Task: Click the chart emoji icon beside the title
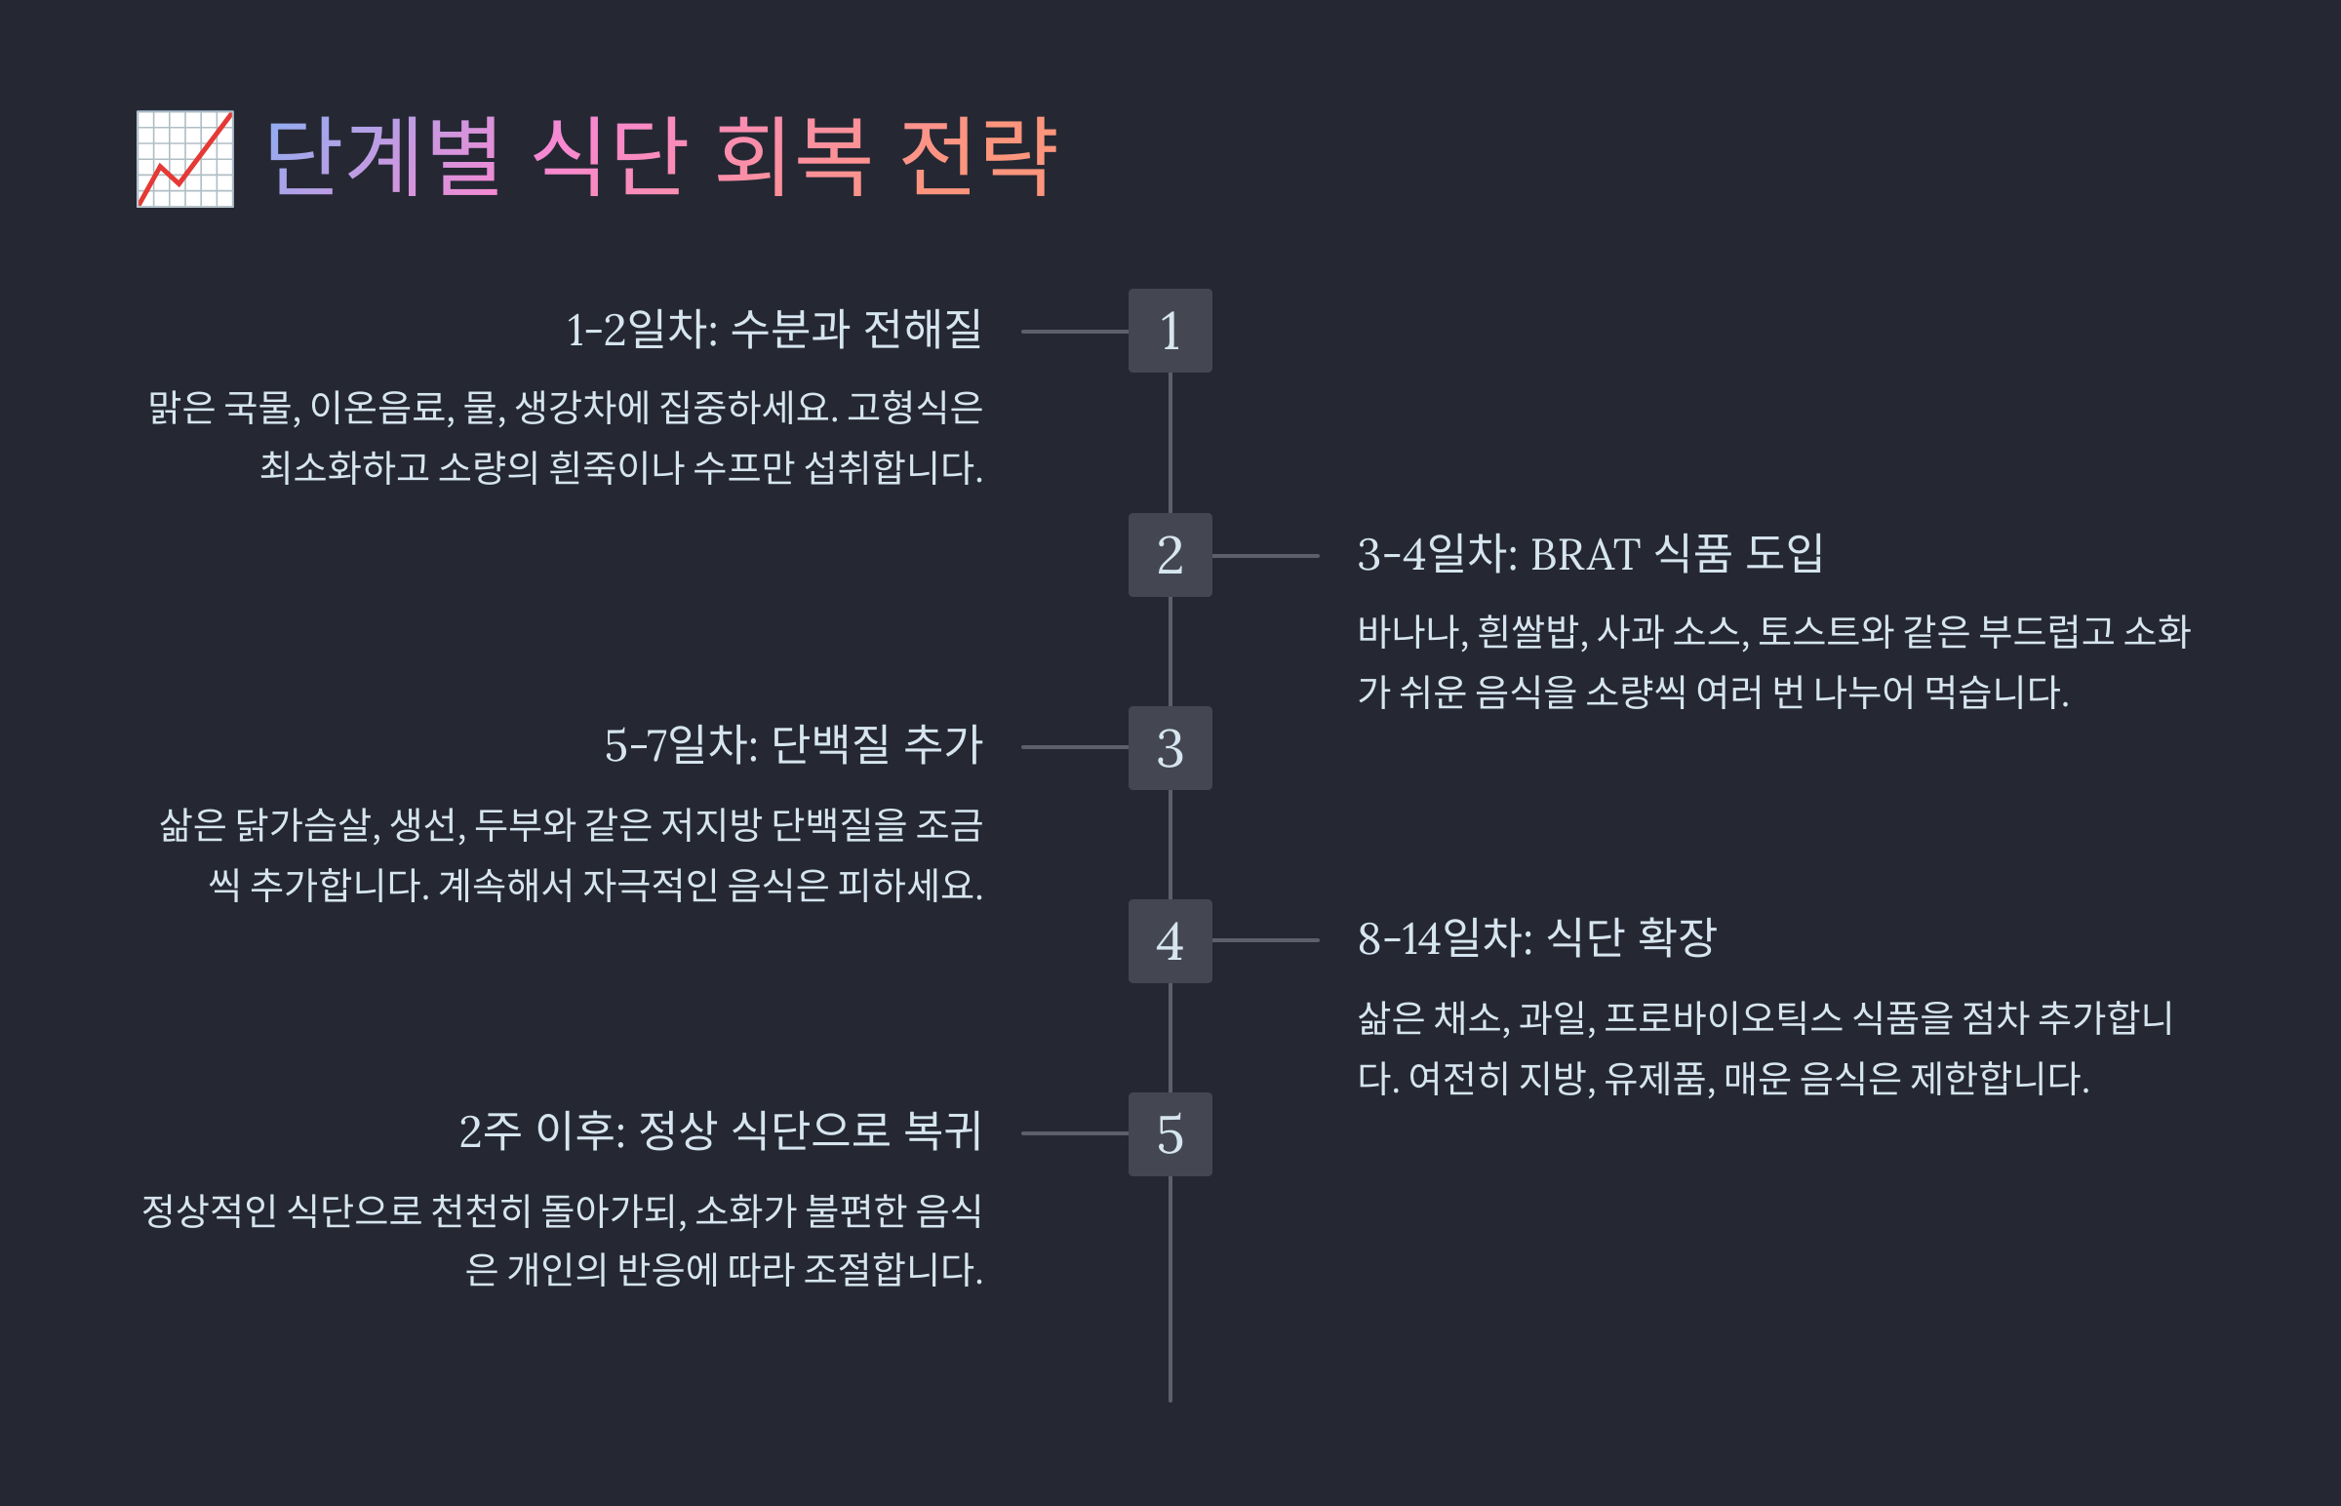point(184,159)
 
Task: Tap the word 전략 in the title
point(978,156)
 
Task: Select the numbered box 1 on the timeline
point(1170,331)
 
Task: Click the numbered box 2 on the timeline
point(1170,555)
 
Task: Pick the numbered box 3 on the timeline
point(1170,748)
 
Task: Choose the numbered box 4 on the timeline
point(1170,940)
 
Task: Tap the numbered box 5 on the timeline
point(1170,1134)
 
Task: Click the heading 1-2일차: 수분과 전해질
point(774,330)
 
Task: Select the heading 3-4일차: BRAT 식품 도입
point(1590,554)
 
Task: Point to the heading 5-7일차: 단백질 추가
point(793,745)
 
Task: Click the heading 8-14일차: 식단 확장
point(1536,938)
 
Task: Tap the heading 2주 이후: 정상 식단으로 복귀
point(720,1131)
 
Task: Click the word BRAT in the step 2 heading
point(1585,555)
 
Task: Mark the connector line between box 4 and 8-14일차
point(1265,940)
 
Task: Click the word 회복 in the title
point(792,156)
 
